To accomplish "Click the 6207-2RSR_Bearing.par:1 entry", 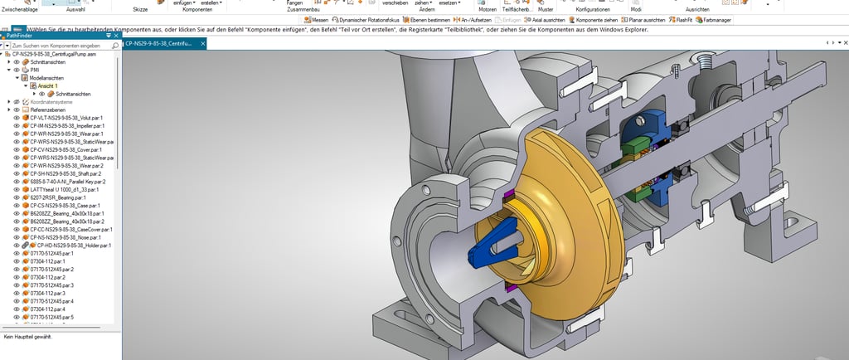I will [58, 197].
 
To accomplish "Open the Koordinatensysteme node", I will [50, 101].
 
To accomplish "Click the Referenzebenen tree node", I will [46, 109].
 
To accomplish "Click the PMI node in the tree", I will [35, 70].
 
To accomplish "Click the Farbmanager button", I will [715, 18].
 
